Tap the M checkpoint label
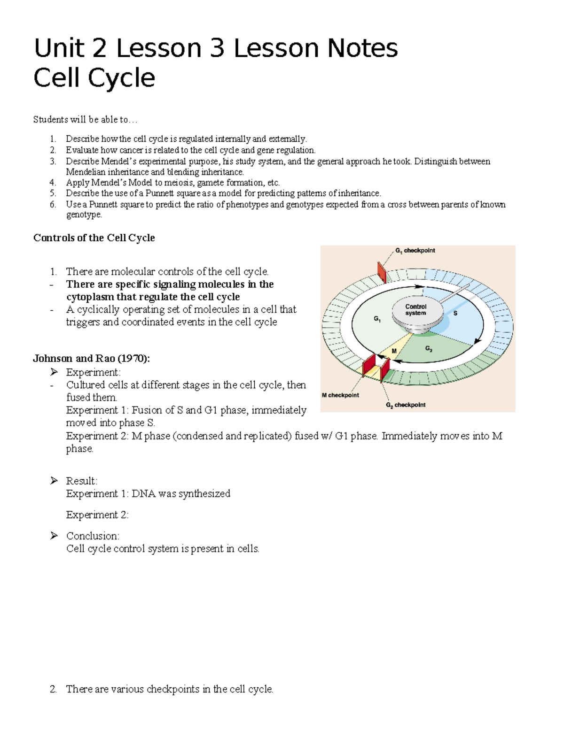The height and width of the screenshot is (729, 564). (x=340, y=395)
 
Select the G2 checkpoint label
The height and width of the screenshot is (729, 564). (x=406, y=405)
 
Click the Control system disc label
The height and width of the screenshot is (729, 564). (x=416, y=310)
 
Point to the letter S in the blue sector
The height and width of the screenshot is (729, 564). (x=455, y=313)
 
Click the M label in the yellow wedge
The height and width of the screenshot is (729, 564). (x=394, y=351)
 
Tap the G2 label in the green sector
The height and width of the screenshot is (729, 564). (x=429, y=349)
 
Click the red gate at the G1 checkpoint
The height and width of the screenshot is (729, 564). (x=381, y=272)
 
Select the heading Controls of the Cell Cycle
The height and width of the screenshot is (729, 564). (x=94, y=238)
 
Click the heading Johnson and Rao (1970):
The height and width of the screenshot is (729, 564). (x=92, y=359)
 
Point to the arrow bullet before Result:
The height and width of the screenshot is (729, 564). (x=54, y=481)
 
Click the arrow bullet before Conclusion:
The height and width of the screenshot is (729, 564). (x=54, y=536)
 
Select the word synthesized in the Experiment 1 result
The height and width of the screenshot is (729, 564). (x=204, y=494)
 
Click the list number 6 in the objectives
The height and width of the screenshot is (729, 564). (x=53, y=204)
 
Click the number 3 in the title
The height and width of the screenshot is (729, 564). (x=217, y=49)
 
